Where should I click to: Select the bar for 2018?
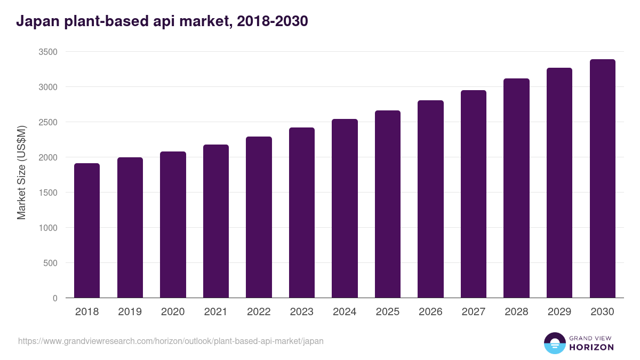pyautogui.click(x=87, y=230)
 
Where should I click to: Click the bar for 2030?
pyautogui.click(x=602, y=179)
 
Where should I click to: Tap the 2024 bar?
pyautogui.click(x=345, y=209)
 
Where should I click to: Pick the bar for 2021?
pyautogui.click(x=216, y=221)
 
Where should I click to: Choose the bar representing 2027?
pyautogui.click(x=474, y=194)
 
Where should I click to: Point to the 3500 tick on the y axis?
pyautogui.click(x=47, y=52)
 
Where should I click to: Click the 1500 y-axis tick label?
pyautogui.click(x=47, y=193)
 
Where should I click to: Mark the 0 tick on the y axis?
pyautogui.click(x=55, y=298)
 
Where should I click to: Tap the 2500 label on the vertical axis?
pyautogui.click(x=47, y=123)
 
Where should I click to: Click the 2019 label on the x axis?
pyautogui.click(x=130, y=312)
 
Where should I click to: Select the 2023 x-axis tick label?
pyautogui.click(x=302, y=312)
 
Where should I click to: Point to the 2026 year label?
pyautogui.click(x=430, y=312)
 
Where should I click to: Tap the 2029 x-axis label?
pyautogui.click(x=559, y=312)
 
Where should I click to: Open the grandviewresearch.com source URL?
pyautogui.click(x=171, y=341)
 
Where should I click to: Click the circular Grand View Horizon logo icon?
pyautogui.click(x=554, y=343)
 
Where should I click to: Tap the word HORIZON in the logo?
pyautogui.click(x=591, y=347)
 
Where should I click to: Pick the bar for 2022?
pyautogui.click(x=259, y=218)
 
